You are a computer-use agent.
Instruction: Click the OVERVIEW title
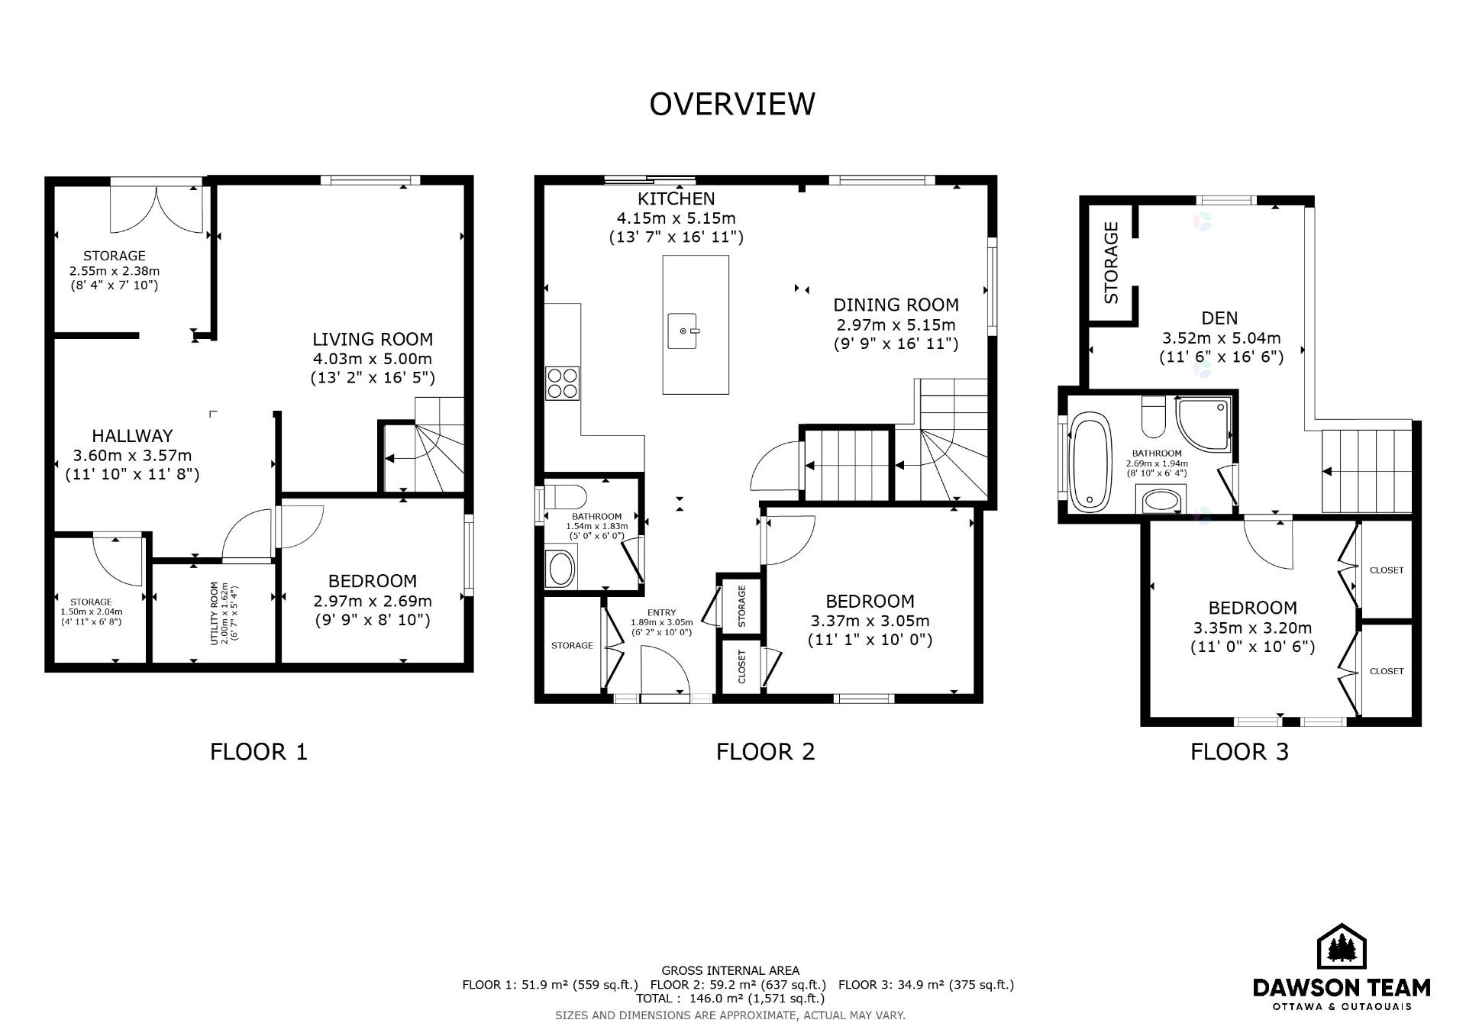tap(732, 104)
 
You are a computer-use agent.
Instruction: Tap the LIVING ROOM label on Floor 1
tap(373, 339)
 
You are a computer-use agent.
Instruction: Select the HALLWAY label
tap(132, 436)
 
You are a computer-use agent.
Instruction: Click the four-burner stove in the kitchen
tap(563, 382)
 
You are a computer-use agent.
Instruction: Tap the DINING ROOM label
tap(896, 305)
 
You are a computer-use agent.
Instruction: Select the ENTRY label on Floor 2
tap(661, 612)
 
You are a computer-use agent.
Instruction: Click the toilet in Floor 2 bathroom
tap(563, 497)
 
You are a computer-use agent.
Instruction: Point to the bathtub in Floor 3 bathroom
tap(1090, 462)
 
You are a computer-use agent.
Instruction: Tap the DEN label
tap(1219, 318)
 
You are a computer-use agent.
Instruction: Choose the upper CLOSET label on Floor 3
tap(1387, 570)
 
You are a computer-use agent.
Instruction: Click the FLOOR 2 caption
tap(765, 752)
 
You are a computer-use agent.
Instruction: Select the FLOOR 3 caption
tap(1239, 752)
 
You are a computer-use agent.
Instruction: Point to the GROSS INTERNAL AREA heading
tap(731, 970)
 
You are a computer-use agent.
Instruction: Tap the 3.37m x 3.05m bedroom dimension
tap(870, 621)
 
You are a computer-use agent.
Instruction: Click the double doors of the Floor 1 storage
tap(157, 208)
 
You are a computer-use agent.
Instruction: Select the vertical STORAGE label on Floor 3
tap(1111, 263)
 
